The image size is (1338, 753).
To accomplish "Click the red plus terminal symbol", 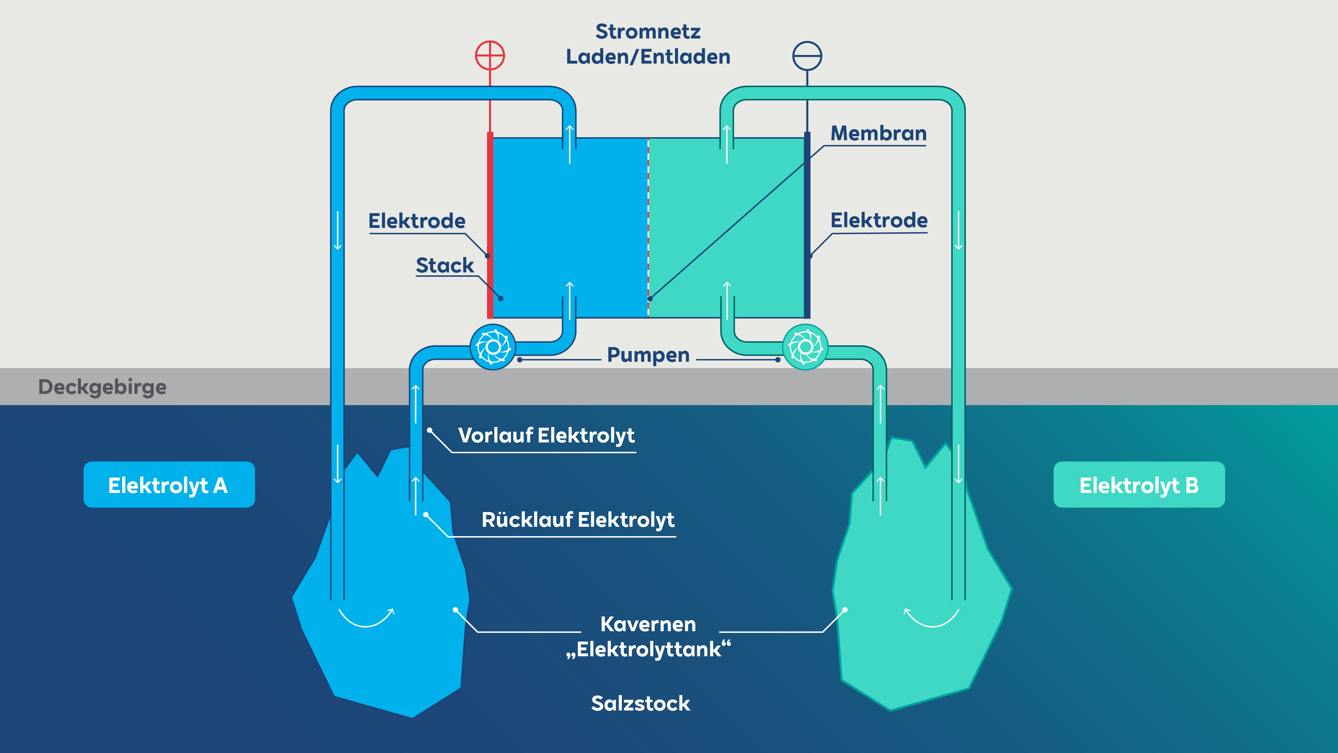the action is click(x=490, y=56).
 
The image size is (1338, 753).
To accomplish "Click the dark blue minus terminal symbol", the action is click(x=807, y=56).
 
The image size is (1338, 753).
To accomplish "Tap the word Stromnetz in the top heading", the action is click(x=648, y=32).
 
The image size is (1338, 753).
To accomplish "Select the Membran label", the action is click(x=878, y=133).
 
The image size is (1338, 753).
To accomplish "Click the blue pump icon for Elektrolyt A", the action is click(x=493, y=347).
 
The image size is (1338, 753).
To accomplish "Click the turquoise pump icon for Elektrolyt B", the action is click(x=805, y=347).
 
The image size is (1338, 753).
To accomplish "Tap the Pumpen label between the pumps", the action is click(x=648, y=355).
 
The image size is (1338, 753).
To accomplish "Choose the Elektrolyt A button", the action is click(x=169, y=484).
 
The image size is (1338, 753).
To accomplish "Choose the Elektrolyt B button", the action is click(x=1139, y=484).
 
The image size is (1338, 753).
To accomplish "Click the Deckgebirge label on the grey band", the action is click(x=102, y=388).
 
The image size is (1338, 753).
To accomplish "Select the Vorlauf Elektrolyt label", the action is click(x=547, y=435).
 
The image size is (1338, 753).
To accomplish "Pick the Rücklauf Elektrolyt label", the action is click(x=578, y=520).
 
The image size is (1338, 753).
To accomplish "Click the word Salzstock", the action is click(x=641, y=703).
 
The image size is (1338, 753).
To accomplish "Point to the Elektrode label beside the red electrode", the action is click(x=416, y=221).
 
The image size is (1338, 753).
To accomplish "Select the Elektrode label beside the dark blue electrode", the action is click(x=879, y=220).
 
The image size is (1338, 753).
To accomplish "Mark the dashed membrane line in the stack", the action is click(x=648, y=227).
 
